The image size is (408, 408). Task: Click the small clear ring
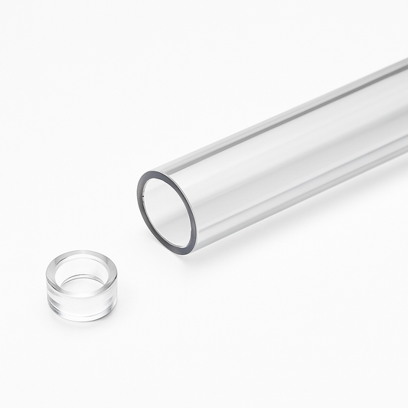[x=81, y=285]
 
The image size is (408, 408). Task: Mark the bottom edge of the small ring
[x=81, y=319]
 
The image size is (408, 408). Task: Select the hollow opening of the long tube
[x=167, y=212]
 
